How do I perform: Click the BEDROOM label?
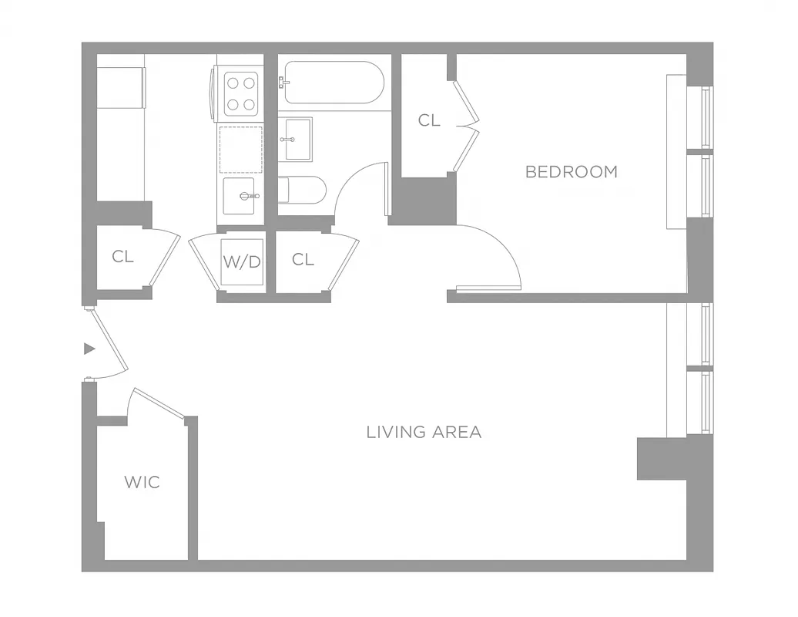click(571, 172)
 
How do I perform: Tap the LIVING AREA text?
click(424, 432)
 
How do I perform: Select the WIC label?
click(142, 483)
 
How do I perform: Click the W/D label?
click(242, 261)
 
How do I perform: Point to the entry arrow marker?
click(89, 349)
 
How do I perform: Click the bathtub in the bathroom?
click(332, 83)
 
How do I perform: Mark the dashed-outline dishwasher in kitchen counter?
click(240, 150)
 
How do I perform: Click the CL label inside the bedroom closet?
click(429, 120)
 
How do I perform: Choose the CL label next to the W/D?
click(303, 260)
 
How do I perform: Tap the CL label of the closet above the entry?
click(122, 257)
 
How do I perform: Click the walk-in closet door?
click(158, 403)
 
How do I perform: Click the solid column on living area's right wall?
click(661, 459)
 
